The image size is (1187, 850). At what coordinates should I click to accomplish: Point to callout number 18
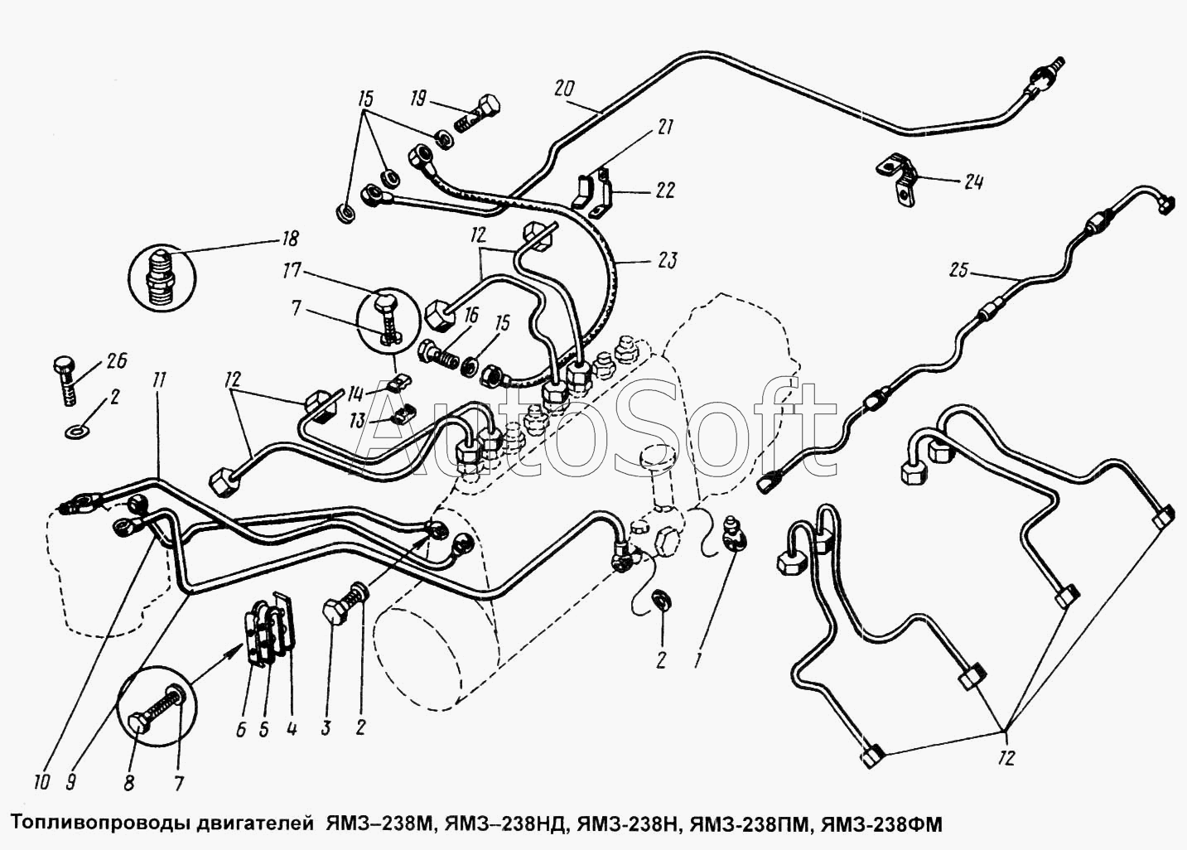click(290, 239)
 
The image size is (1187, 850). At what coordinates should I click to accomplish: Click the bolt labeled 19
click(477, 114)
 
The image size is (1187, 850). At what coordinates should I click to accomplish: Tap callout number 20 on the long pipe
click(564, 88)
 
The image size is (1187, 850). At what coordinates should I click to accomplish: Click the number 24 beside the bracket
click(973, 181)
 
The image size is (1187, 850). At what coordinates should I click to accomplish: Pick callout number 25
click(958, 271)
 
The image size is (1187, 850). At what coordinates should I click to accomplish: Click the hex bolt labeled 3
click(344, 604)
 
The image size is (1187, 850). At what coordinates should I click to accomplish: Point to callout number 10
click(41, 782)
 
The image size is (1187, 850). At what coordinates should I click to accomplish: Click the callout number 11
click(158, 380)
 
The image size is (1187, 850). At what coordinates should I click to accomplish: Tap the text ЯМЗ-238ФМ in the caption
click(881, 824)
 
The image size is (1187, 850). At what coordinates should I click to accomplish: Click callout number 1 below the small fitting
click(698, 660)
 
